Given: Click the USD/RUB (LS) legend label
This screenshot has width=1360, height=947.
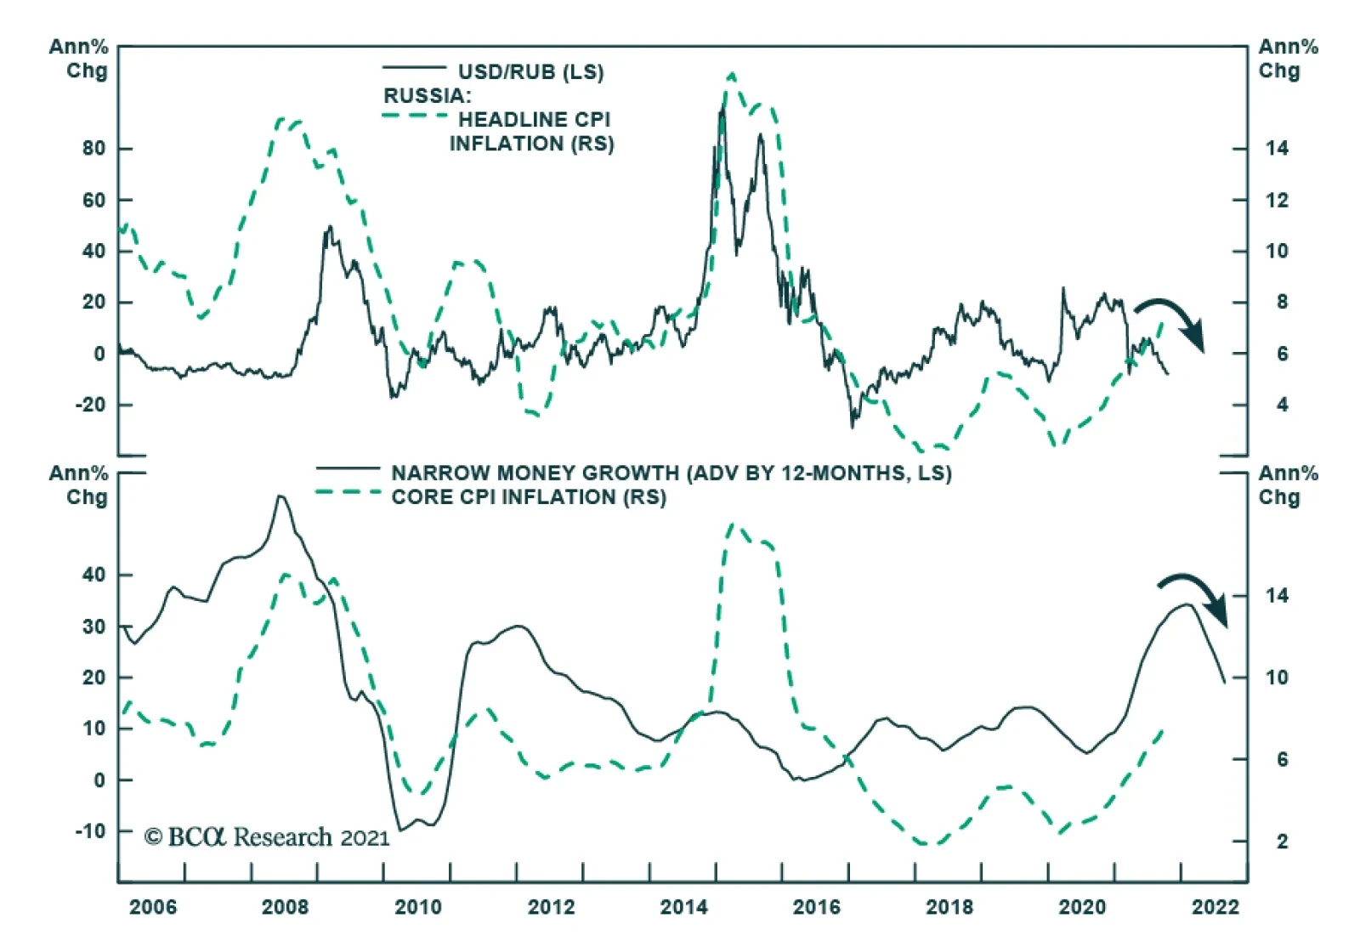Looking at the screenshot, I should tap(530, 72).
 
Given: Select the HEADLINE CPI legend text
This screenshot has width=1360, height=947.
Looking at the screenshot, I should tap(534, 120).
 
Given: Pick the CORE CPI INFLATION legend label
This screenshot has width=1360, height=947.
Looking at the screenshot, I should tap(528, 497).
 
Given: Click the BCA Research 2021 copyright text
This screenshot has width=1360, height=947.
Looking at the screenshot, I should tap(267, 837).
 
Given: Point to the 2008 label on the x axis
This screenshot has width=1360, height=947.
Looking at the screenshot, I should tap(285, 907).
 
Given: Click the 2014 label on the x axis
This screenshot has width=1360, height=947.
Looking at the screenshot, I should tap(683, 907).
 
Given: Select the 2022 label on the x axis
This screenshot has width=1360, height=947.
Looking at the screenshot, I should tap(1215, 907).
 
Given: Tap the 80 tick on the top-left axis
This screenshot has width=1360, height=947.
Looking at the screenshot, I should tap(94, 149).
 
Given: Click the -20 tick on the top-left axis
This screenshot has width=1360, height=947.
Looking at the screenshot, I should tap(90, 405).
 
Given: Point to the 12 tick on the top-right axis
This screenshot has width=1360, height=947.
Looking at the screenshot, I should tap(1276, 201).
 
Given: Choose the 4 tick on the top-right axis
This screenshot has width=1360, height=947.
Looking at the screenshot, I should tap(1282, 405).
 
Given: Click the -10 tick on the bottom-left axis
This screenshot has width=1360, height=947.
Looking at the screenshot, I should tap(90, 831).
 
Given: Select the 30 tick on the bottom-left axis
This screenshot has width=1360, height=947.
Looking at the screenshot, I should tap(94, 627).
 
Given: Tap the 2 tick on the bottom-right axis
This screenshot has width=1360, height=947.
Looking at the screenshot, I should tap(1282, 842).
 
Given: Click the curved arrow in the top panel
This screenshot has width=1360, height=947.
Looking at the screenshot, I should tap(1173, 319).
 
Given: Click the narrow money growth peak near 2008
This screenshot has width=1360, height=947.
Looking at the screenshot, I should tap(280, 496).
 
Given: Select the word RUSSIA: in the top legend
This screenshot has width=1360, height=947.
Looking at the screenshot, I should tap(427, 96).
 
